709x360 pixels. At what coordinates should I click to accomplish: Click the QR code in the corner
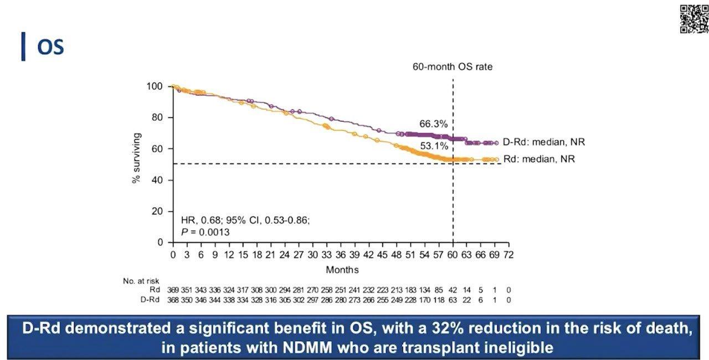[693, 18]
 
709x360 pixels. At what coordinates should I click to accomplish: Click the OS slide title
[50, 47]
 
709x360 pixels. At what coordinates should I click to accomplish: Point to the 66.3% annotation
[433, 124]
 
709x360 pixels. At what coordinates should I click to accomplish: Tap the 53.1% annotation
[433, 147]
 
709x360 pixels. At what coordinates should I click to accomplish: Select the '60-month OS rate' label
[453, 67]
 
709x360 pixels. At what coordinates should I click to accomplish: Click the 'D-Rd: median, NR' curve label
[544, 142]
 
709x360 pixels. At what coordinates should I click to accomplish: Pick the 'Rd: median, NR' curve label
[539, 159]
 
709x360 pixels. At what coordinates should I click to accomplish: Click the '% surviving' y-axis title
[137, 158]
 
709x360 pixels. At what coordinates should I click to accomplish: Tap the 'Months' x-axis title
[342, 270]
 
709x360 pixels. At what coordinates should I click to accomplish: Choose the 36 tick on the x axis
[341, 255]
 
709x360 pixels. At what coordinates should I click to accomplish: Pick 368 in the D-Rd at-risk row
[173, 300]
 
